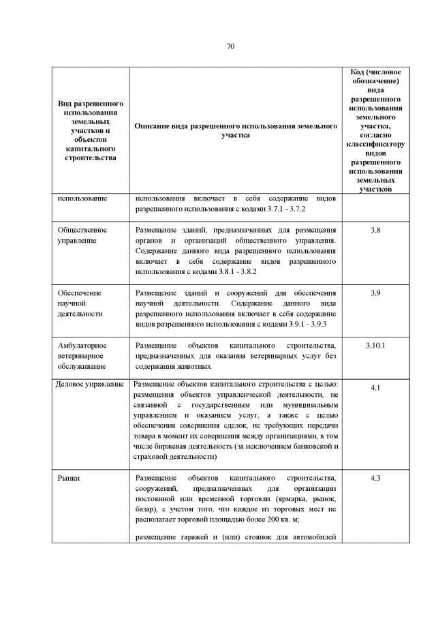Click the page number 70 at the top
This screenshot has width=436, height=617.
[x=230, y=46]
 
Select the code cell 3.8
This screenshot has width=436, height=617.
[x=375, y=230]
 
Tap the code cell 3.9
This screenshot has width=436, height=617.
[x=375, y=292]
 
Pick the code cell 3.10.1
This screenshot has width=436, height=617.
[x=375, y=345]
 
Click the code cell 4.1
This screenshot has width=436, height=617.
[x=375, y=388]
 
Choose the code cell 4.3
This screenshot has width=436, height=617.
[x=375, y=478]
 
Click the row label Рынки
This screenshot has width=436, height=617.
[x=69, y=478]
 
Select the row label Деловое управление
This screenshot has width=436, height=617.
[x=89, y=385]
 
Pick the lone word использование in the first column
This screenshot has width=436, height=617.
[x=82, y=198]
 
